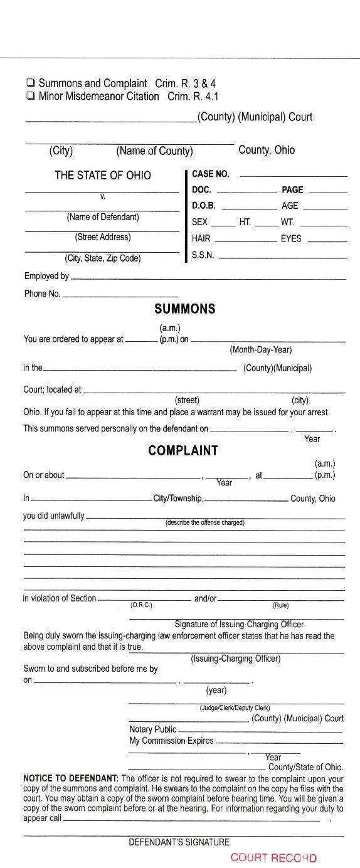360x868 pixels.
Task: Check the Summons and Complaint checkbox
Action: pos(30,83)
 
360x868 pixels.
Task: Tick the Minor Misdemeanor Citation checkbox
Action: pos(30,97)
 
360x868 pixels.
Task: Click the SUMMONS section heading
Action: pos(184,309)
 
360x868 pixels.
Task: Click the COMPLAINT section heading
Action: pos(183,450)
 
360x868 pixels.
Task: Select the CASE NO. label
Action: pos(211,174)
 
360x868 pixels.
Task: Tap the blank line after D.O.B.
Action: pos(249,207)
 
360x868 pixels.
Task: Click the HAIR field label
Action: pos(201,238)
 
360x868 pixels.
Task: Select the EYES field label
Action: pos(291,238)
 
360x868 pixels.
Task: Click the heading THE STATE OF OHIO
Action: pos(103,176)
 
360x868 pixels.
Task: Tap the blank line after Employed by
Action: pos(208,278)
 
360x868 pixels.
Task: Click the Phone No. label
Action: pos(42,294)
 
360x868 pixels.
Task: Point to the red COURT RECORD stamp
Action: pos(273,858)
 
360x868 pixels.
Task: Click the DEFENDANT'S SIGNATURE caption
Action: pos(179,842)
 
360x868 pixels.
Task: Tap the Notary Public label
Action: pos(152,729)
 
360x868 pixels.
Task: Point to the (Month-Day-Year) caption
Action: pos(260,349)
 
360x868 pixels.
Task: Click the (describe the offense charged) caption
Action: pos(204,522)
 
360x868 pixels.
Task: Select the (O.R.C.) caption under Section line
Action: pos(141,605)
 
